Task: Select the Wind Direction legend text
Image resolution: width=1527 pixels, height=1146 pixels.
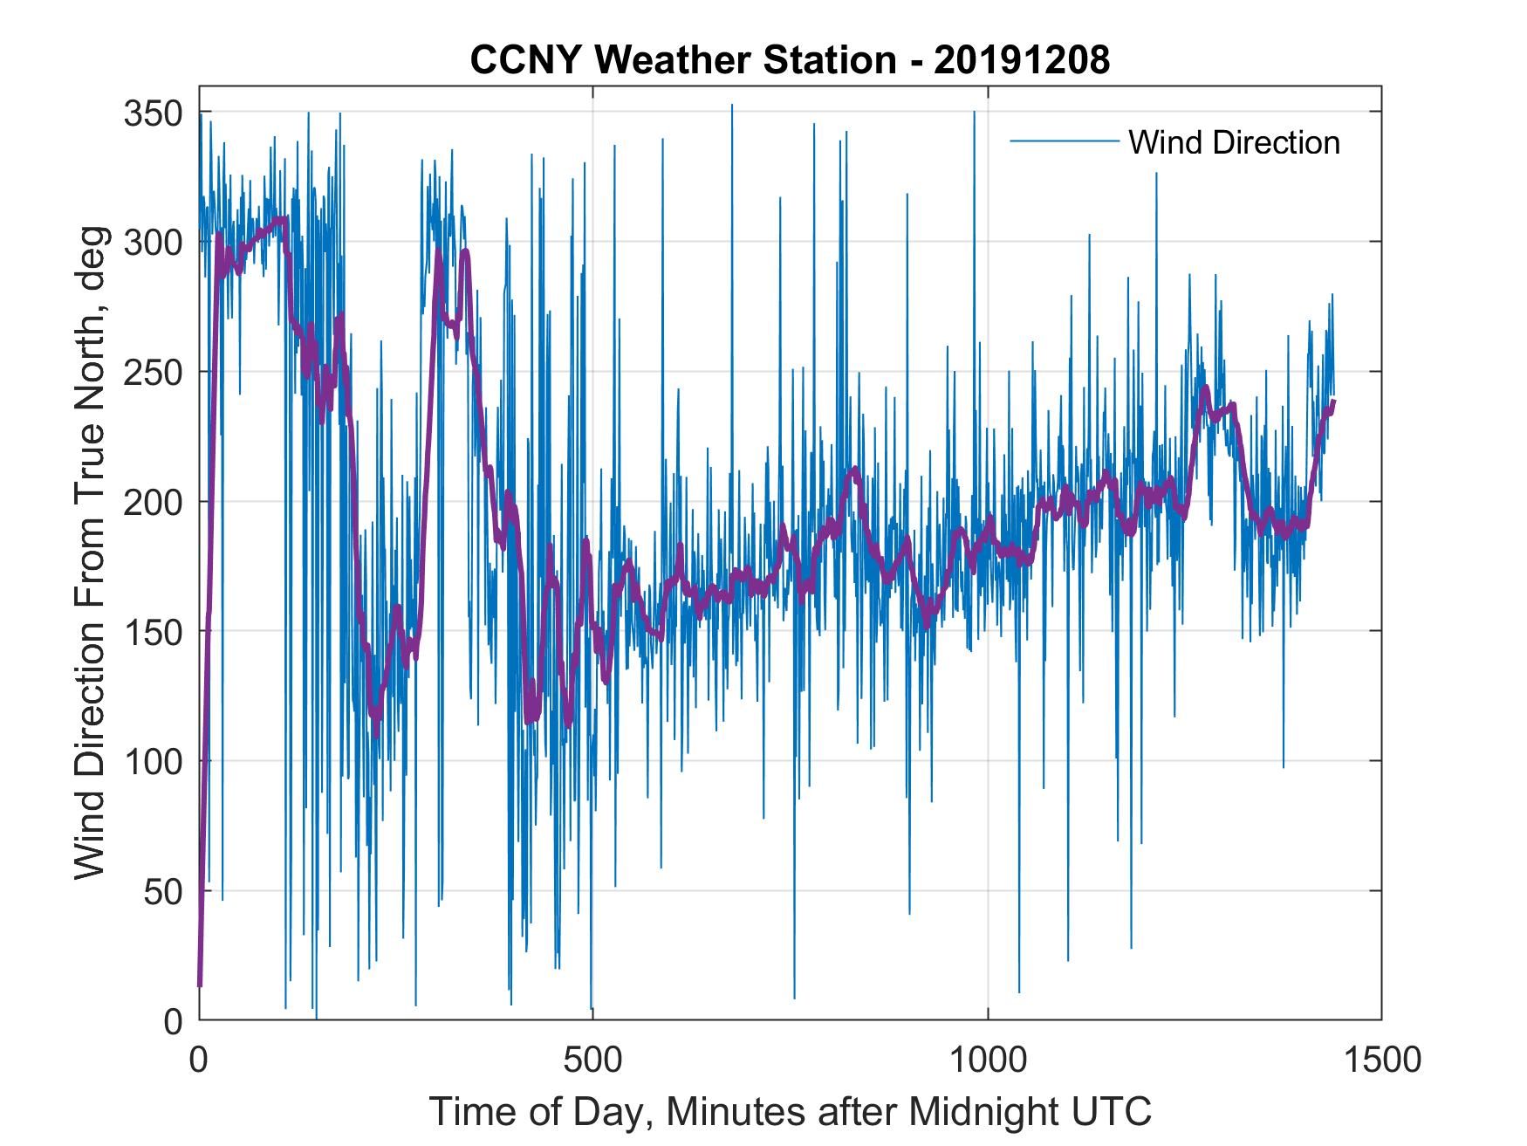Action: (x=1234, y=142)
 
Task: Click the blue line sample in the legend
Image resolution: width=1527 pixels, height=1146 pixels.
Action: (x=1064, y=141)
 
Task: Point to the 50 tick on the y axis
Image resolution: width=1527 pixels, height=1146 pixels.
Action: (x=166, y=891)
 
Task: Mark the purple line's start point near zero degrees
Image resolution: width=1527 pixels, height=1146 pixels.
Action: (x=200, y=985)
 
